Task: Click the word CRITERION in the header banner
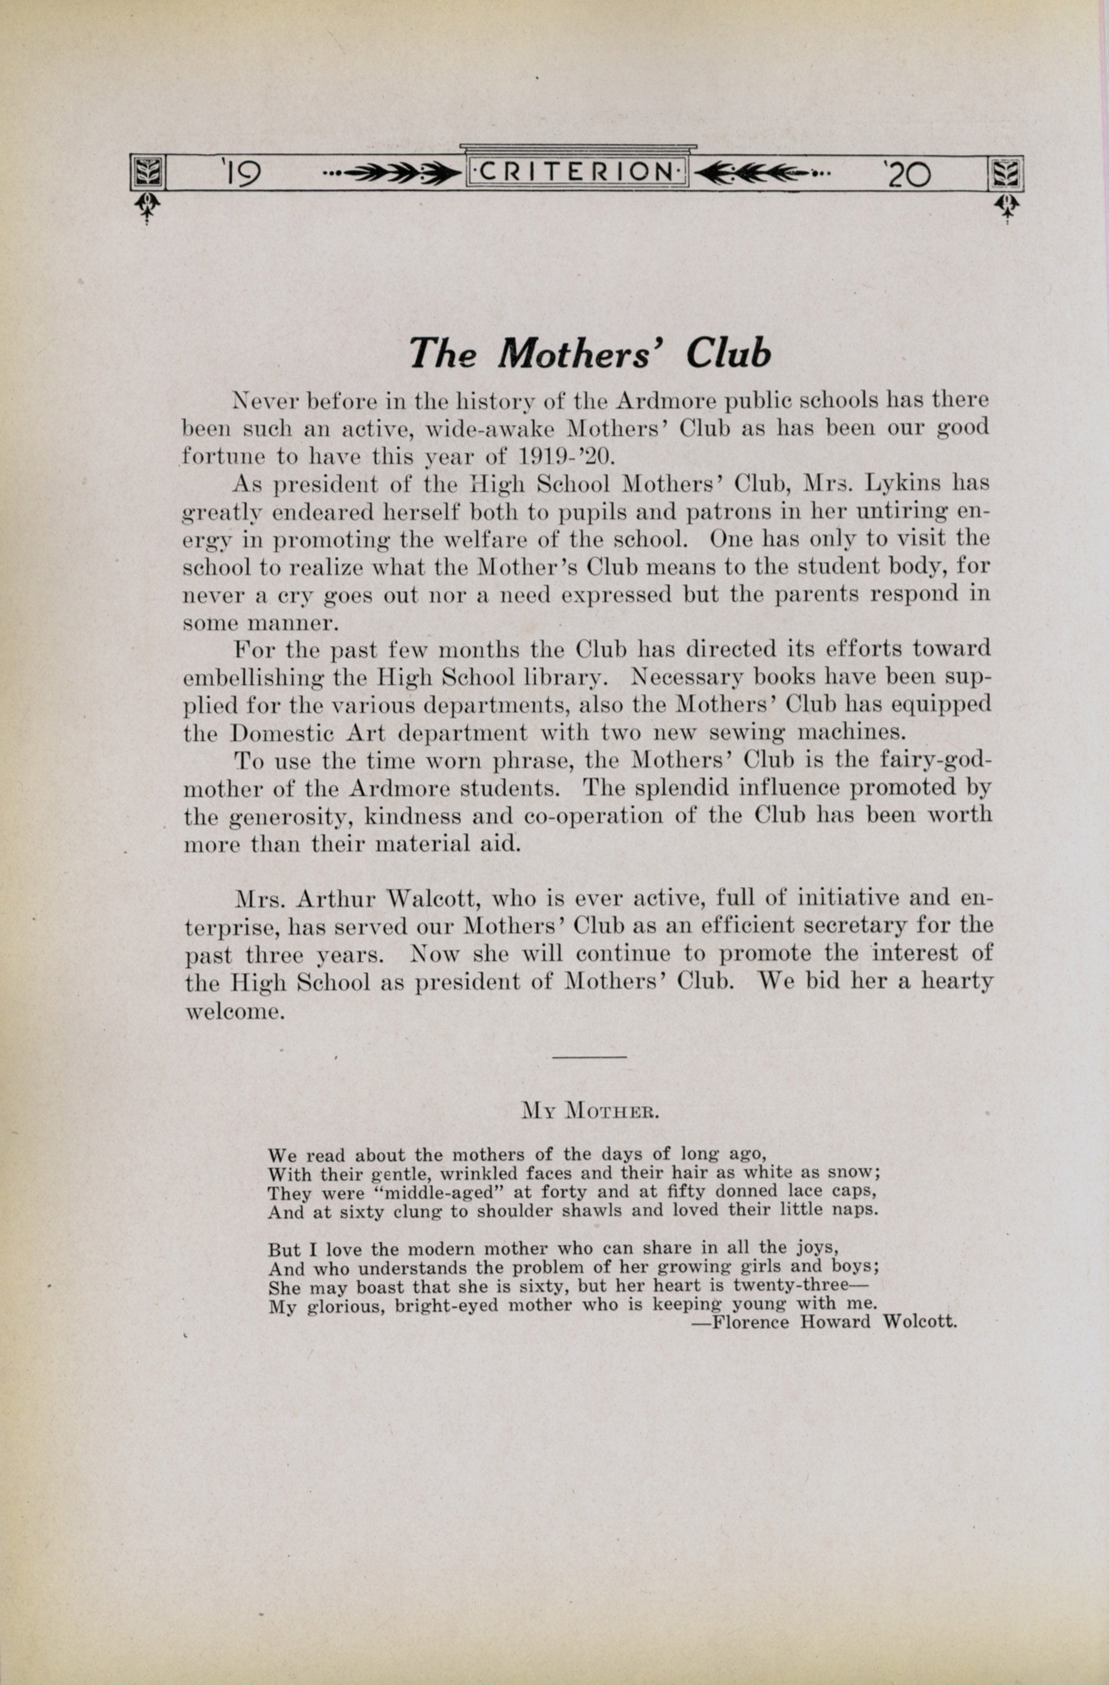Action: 576,172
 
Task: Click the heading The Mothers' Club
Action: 590,353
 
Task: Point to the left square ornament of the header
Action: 148,173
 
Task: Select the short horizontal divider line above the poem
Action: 589,1057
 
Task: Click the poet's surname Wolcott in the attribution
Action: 919,1322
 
